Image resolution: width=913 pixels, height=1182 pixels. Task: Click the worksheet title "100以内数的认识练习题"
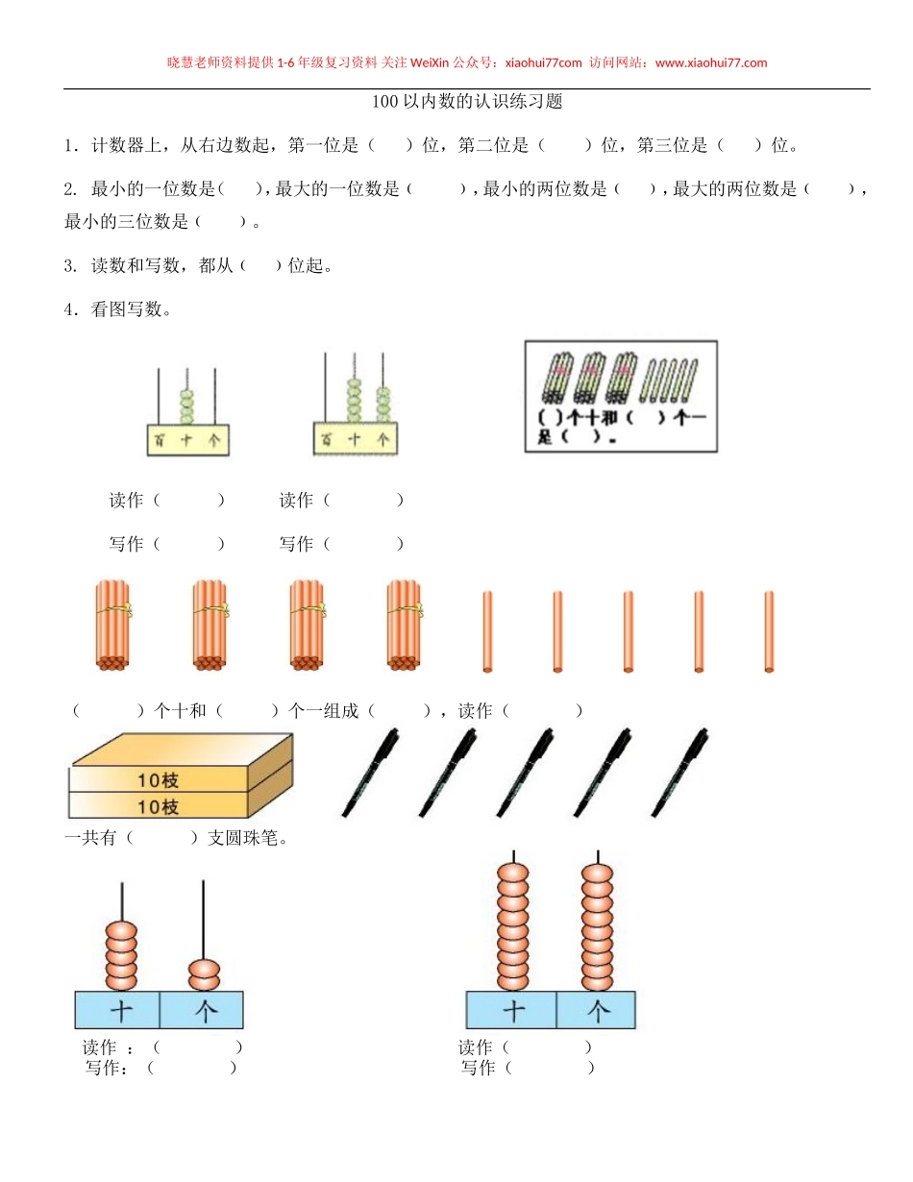(x=466, y=102)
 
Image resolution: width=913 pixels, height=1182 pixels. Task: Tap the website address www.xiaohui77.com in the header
(x=710, y=63)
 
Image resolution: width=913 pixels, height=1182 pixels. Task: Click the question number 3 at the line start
(x=70, y=266)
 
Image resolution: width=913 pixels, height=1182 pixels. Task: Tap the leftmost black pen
(x=370, y=773)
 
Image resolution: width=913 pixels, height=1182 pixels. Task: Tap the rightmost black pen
(x=679, y=773)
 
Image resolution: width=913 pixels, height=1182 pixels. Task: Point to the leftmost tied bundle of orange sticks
(x=112, y=624)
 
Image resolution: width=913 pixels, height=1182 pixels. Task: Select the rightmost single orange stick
(x=769, y=631)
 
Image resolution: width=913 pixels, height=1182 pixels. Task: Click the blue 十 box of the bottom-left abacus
(x=119, y=1010)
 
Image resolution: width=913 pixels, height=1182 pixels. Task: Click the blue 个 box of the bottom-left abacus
(x=203, y=1010)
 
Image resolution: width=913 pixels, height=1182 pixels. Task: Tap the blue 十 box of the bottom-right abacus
(x=512, y=1010)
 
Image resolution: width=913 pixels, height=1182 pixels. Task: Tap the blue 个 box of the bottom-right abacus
(x=597, y=1010)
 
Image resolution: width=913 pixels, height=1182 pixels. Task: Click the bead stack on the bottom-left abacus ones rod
(x=203, y=973)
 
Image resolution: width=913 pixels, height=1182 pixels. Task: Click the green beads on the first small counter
(x=187, y=405)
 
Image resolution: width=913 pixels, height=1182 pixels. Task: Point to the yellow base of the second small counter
(x=355, y=438)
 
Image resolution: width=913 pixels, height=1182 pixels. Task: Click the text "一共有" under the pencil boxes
(x=90, y=838)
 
